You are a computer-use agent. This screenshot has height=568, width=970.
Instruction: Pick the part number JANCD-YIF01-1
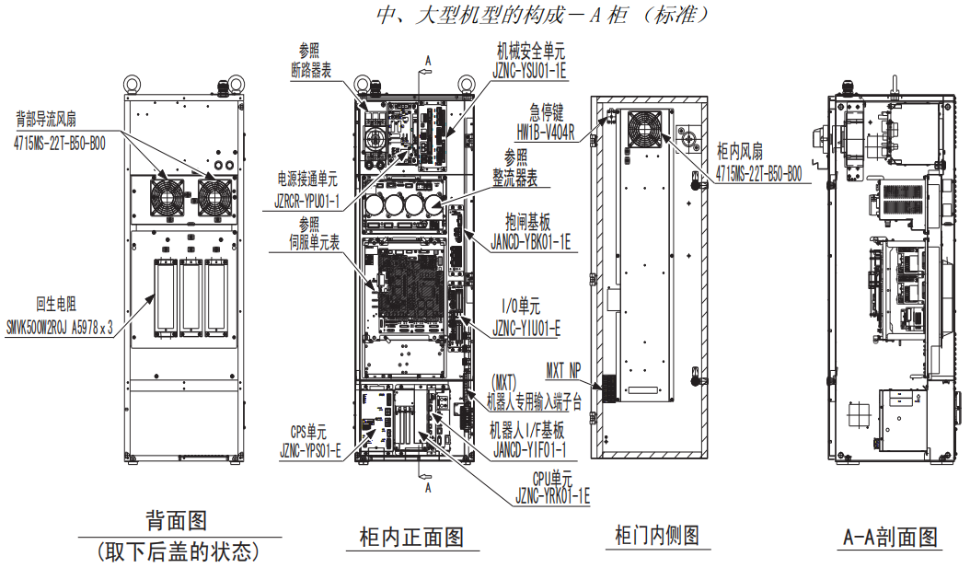click(x=527, y=451)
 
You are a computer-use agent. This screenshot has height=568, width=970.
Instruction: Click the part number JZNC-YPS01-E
click(x=310, y=451)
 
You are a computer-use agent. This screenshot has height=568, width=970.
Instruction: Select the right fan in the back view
click(x=214, y=195)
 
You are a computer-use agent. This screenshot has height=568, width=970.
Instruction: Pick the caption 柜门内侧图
click(x=658, y=535)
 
